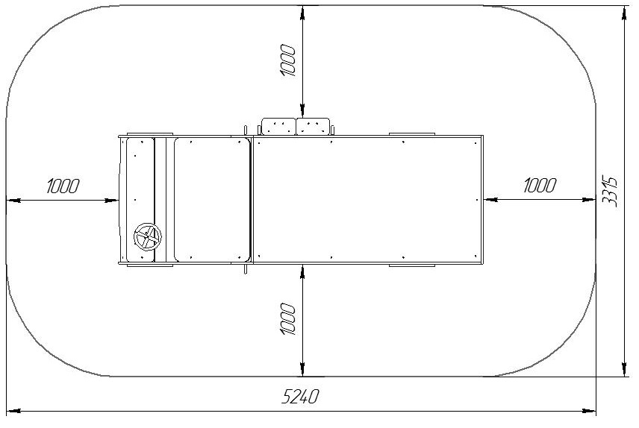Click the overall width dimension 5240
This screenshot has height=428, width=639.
tap(300, 396)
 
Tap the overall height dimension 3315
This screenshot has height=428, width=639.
tap(610, 192)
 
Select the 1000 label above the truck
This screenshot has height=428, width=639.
tap(287, 60)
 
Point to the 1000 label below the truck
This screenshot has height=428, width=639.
tap(287, 319)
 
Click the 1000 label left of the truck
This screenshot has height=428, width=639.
tap(63, 186)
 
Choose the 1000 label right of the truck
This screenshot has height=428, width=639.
tap(540, 186)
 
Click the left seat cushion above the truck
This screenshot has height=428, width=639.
tap(278, 126)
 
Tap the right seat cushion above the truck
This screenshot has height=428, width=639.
tap(313, 126)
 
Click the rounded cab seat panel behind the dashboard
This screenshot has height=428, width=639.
tap(212, 200)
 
